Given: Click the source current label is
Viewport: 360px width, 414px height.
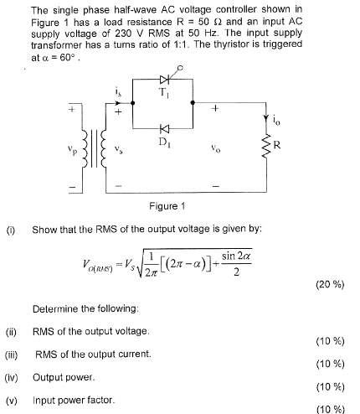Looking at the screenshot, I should [120, 93].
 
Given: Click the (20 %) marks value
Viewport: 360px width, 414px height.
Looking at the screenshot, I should [330, 287].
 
